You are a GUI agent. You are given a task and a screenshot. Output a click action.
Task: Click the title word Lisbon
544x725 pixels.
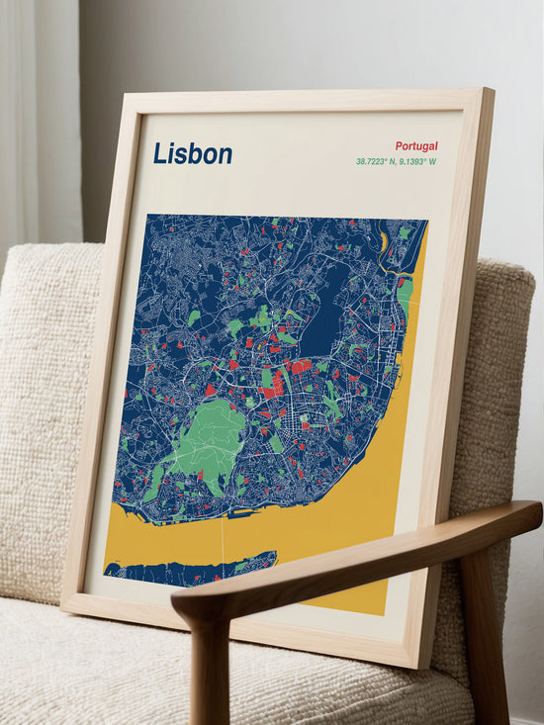pos(193,153)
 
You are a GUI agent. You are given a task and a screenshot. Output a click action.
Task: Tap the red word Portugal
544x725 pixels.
pos(415,145)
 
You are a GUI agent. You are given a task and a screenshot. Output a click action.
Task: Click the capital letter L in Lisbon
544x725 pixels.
pos(159,153)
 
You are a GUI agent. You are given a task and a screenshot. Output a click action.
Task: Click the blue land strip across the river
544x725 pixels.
pos(178,571)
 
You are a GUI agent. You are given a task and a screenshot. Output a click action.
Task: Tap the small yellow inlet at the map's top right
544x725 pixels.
pos(384,240)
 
